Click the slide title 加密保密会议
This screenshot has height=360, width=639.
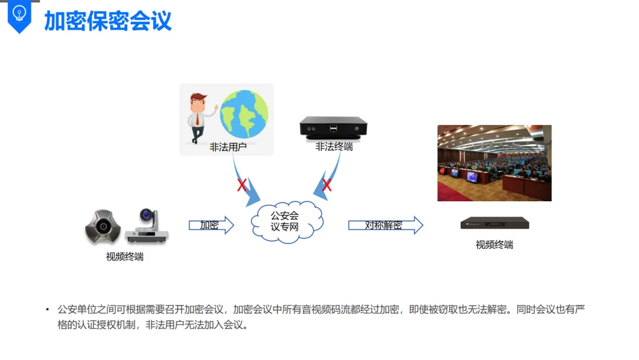[x=108, y=21]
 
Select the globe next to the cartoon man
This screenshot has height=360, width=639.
[x=244, y=114]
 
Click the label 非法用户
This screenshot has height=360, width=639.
[x=228, y=147]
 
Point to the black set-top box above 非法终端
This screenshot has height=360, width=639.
[x=334, y=127]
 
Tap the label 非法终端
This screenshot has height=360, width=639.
[x=334, y=146]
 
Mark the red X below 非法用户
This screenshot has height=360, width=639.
[x=241, y=185]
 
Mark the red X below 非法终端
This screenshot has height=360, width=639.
[x=326, y=186]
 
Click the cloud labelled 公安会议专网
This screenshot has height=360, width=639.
[x=286, y=220]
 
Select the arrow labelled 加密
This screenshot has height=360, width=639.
[x=211, y=225]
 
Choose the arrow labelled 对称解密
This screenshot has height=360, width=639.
[x=385, y=225]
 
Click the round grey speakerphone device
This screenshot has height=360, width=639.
[x=103, y=226]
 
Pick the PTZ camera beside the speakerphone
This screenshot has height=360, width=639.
[x=146, y=226]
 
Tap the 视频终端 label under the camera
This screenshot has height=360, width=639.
[x=124, y=256]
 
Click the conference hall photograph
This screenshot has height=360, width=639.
[x=494, y=163]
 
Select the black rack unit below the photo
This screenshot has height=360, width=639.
[x=495, y=223]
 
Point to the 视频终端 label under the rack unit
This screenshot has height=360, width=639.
[x=494, y=245]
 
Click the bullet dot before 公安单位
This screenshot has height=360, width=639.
[x=48, y=310]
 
